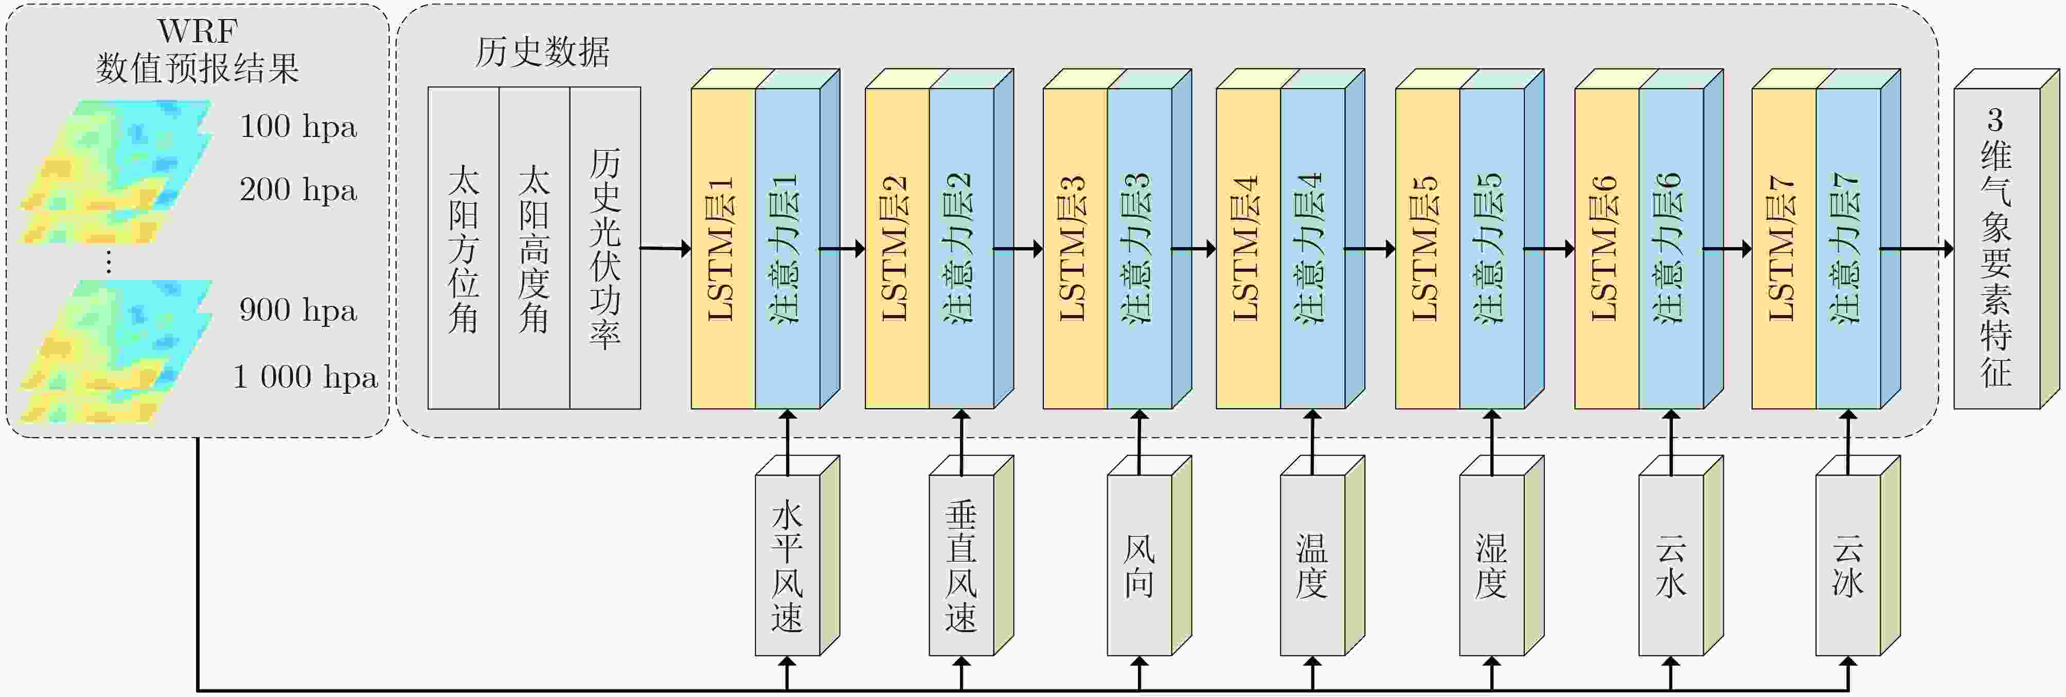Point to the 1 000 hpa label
[x=305, y=377]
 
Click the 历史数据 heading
[x=542, y=52]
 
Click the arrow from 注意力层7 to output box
[x=1917, y=249]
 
